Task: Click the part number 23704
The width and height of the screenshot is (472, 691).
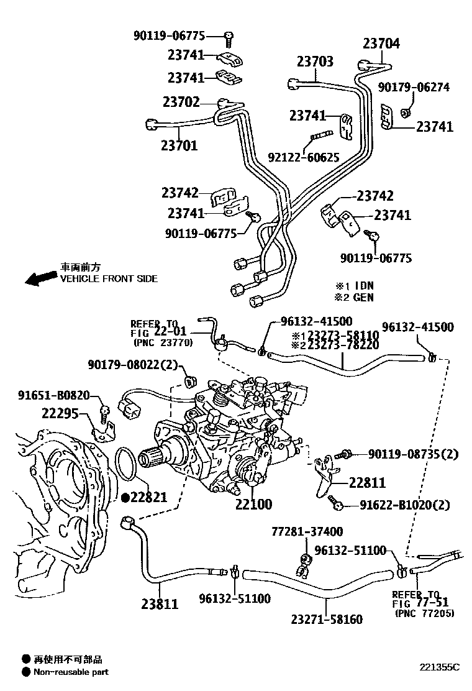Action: [x=381, y=43]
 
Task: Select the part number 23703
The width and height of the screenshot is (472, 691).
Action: [x=314, y=62]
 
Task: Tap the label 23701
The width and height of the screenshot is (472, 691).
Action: [x=179, y=146]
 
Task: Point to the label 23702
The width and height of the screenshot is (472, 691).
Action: [x=181, y=101]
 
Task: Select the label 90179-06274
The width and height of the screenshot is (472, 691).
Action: [x=414, y=88]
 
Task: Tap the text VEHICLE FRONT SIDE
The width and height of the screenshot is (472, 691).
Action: [x=108, y=279]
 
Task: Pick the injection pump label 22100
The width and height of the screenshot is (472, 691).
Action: [x=253, y=504]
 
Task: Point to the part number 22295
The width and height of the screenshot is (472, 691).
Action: [x=61, y=412]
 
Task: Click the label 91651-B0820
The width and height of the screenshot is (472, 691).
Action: [x=53, y=395]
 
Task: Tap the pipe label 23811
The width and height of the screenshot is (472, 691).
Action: [x=160, y=603]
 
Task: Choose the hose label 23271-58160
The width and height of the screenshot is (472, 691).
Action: [x=327, y=619]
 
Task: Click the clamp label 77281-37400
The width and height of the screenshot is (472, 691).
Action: [x=307, y=532]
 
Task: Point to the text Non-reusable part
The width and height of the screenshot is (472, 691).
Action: [x=71, y=672]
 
